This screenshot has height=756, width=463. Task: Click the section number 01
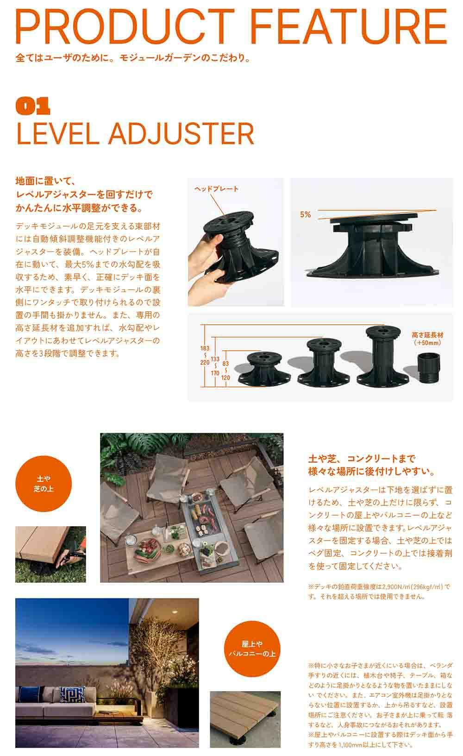tap(33, 106)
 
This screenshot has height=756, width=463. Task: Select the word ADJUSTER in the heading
tap(181, 134)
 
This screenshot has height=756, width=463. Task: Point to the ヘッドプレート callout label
tap(216, 189)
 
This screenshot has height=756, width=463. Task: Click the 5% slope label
tap(305, 214)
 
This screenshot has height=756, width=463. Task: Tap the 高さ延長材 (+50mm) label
tap(427, 339)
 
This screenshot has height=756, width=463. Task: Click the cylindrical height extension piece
tap(429, 367)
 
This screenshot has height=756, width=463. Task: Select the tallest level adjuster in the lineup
tap(383, 355)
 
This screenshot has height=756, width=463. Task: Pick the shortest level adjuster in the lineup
tap(264, 368)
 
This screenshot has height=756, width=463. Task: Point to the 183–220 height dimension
tap(205, 355)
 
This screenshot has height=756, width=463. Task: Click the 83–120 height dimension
tap(225, 371)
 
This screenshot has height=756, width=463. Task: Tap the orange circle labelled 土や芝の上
tap(44, 484)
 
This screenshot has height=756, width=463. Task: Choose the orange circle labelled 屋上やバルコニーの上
tap(252, 649)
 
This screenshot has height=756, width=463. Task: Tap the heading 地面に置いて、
tap(45, 181)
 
